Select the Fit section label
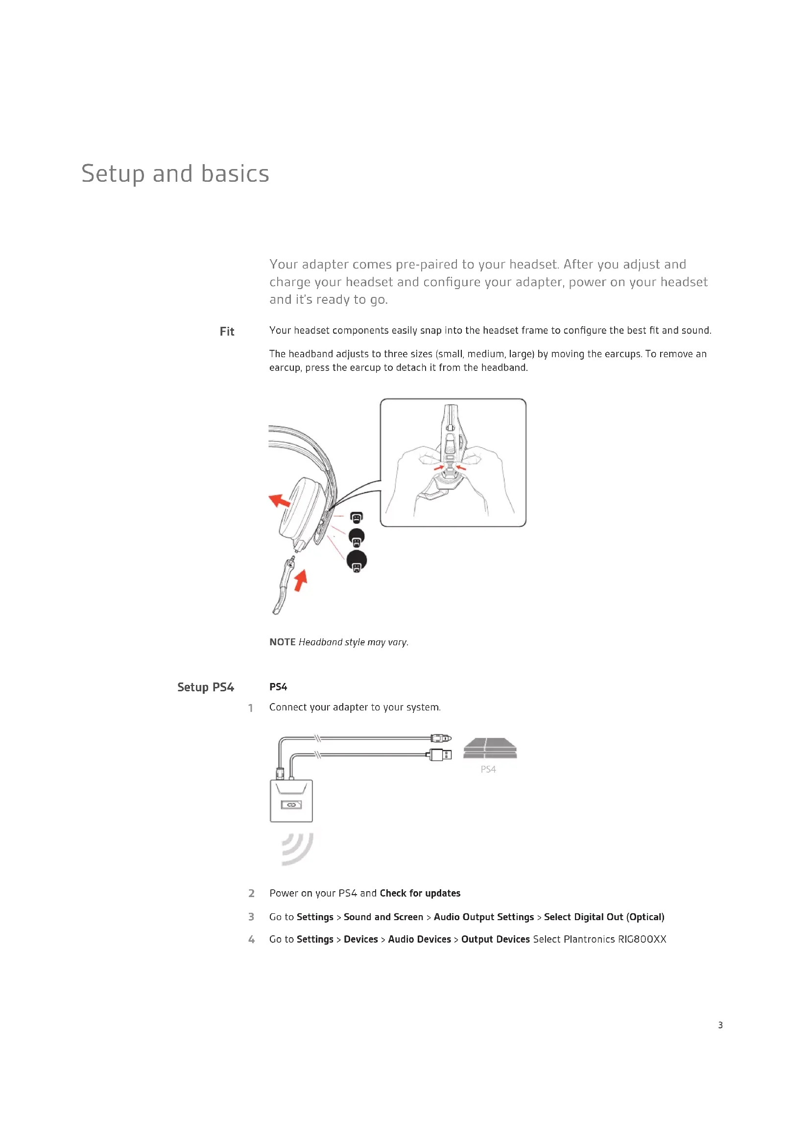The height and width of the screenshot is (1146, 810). pos(226,331)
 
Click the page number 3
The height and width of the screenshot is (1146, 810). pos(720,1024)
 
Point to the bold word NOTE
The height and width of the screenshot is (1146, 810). pos(282,642)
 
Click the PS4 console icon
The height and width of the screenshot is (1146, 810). pos(490,748)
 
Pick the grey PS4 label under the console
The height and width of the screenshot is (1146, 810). pos(488,769)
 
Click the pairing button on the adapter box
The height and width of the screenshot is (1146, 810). pos(291,805)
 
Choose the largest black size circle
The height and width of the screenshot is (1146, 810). pos(357,561)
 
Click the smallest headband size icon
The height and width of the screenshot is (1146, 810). pos(356,517)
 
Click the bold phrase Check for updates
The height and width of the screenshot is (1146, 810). pos(420,893)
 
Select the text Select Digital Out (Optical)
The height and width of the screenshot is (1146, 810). pos(603,917)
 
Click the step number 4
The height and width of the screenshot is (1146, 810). pos(251,939)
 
